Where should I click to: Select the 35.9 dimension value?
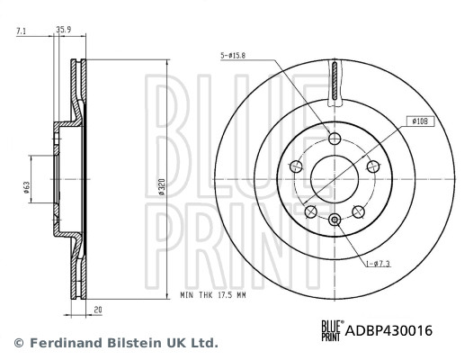(x=63, y=30)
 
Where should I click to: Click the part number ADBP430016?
(x=389, y=330)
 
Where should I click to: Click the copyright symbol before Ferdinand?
(x=18, y=343)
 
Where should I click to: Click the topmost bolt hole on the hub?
(x=335, y=139)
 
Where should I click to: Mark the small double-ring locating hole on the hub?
(x=335, y=220)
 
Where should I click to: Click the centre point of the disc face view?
(x=335, y=180)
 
